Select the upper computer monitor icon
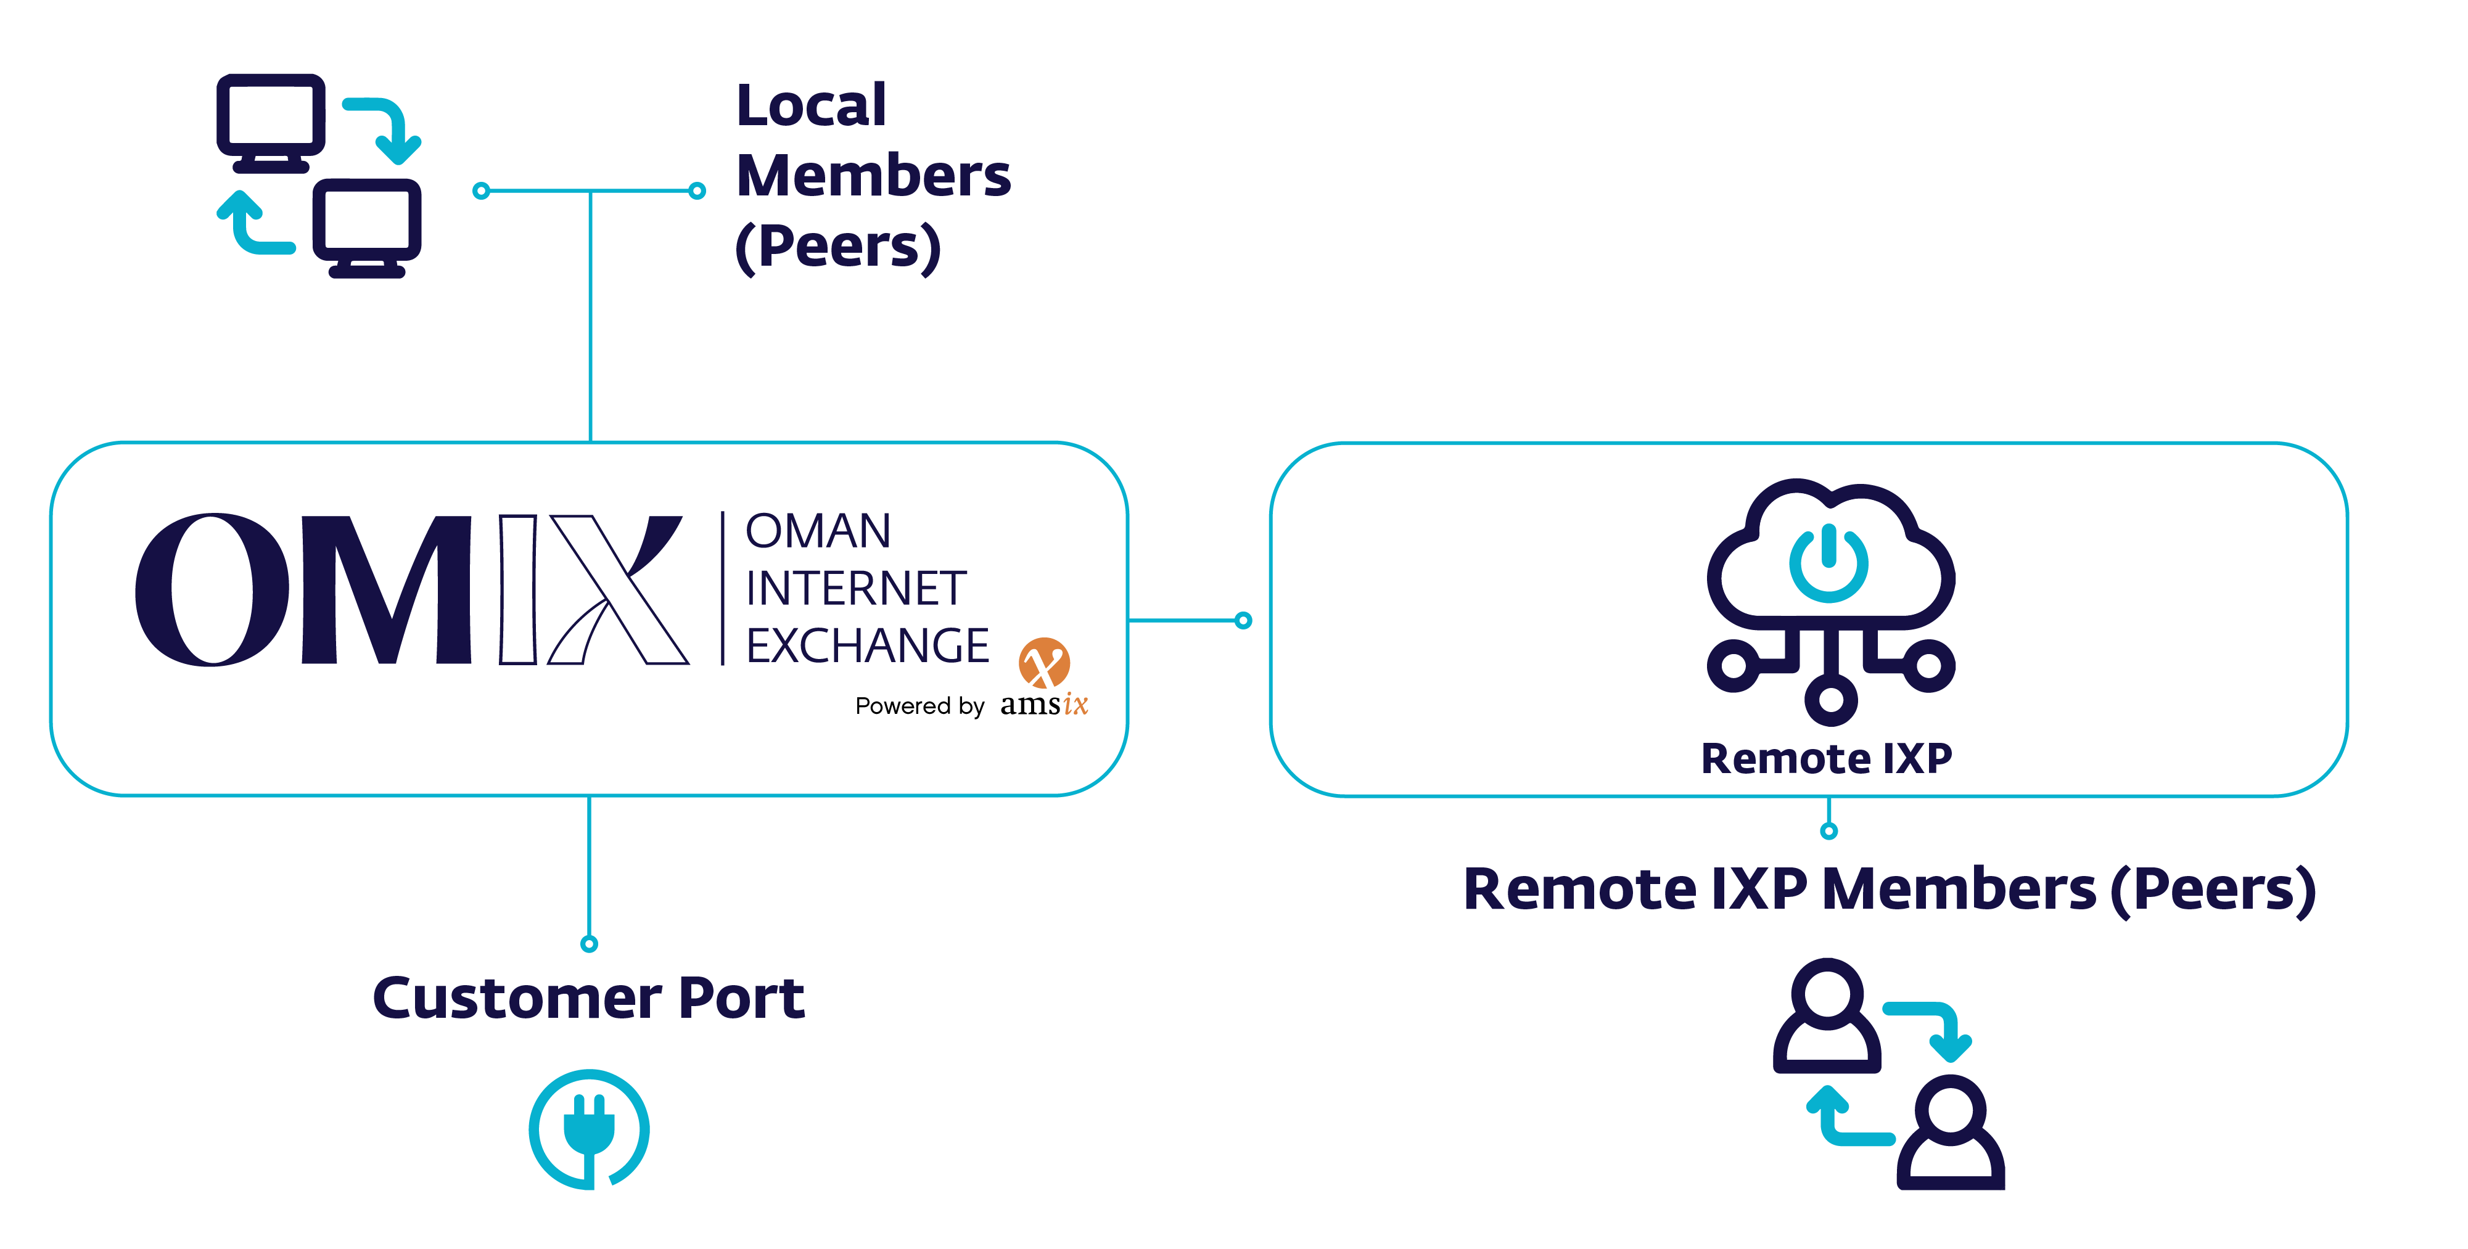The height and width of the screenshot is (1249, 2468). (x=270, y=119)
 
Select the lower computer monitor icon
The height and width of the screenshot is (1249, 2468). (x=367, y=224)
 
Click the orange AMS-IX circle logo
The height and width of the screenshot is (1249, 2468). (x=1043, y=663)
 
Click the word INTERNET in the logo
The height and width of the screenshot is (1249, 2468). (x=855, y=588)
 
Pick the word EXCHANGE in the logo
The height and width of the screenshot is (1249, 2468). (x=867, y=645)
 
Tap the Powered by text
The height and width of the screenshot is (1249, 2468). (x=919, y=706)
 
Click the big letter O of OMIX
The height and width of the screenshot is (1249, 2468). (x=212, y=589)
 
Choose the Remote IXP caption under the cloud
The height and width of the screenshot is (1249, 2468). (x=1826, y=759)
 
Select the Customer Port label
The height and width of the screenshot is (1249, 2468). (x=588, y=998)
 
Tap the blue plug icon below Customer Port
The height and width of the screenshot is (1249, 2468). (x=589, y=1128)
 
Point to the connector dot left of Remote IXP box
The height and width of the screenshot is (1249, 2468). (x=1243, y=621)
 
